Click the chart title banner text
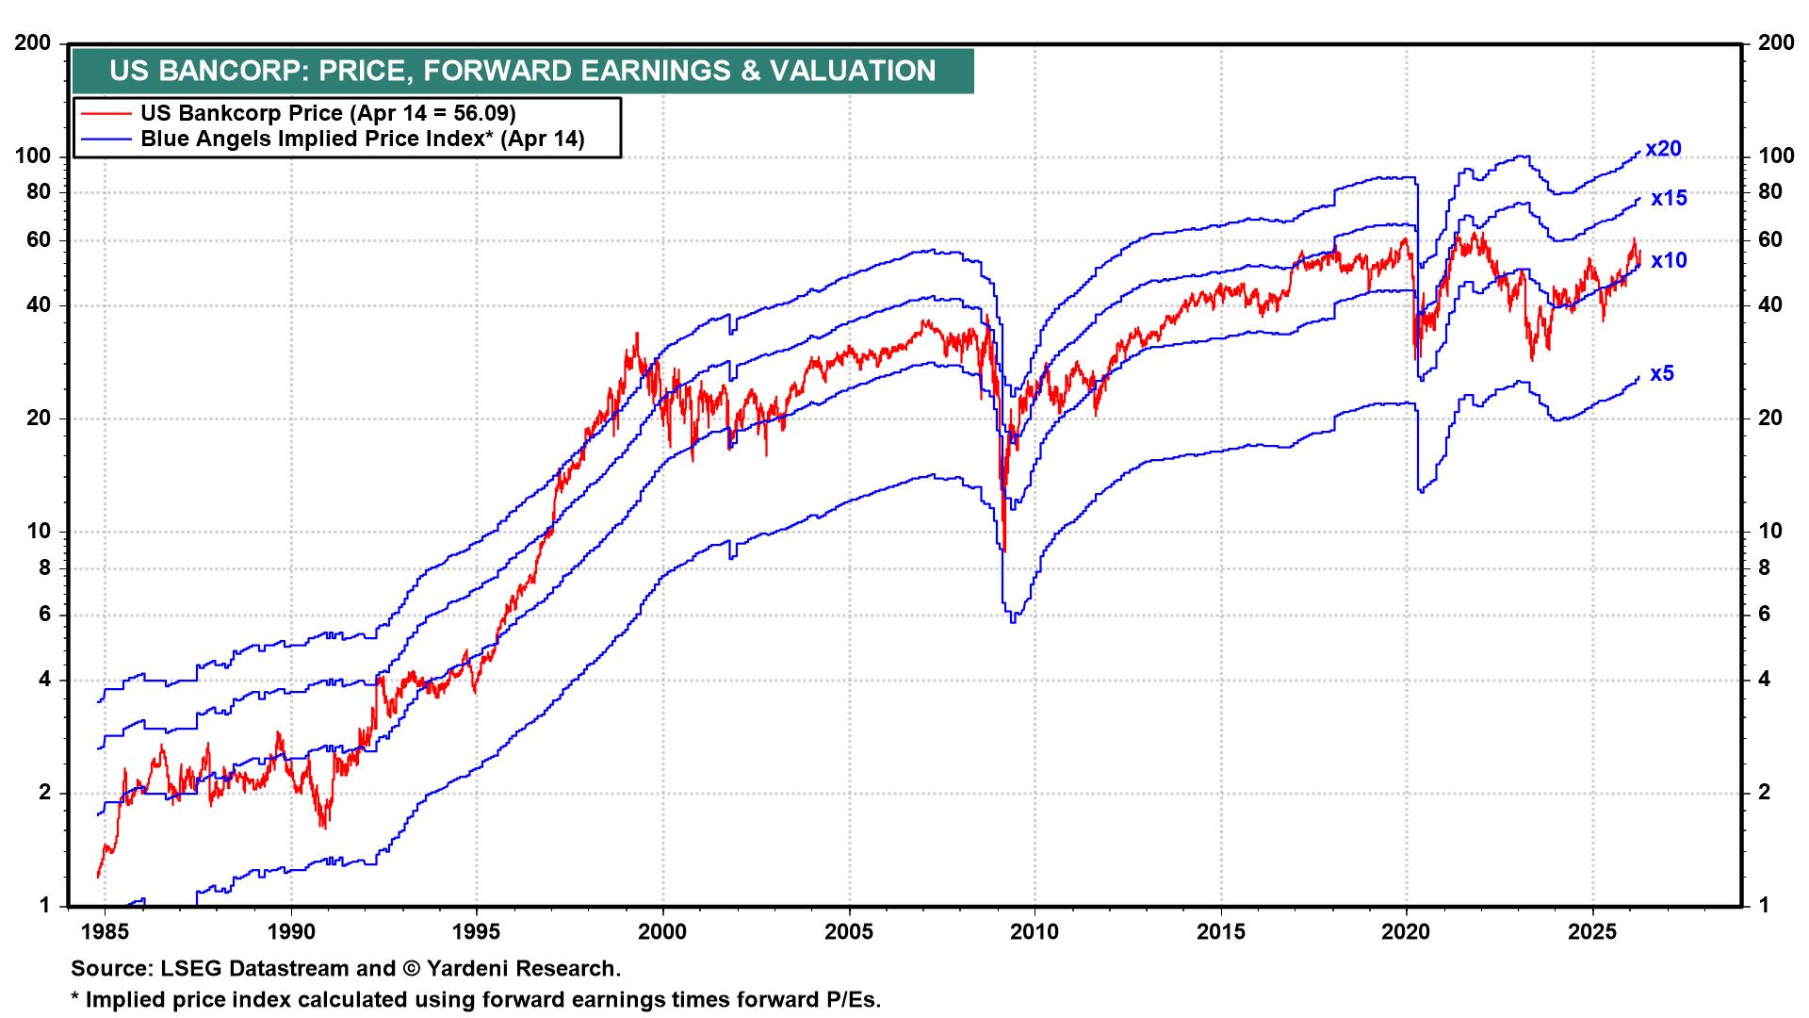pyautogui.click(x=522, y=71)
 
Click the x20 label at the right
pyautogui.click(x=1663, y=149)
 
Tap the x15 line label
pyautogui.click(x=1669, y=198)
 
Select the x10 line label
pyautogui.click(x=1669, y=260)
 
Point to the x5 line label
pyautogui.click(x=1662, y=373)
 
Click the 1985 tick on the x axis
pyautogui.click(x=105, y=932)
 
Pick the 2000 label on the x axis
pyautogui.click(x=663, y=932)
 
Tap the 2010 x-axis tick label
pyautogui.click(x=1035, y=932)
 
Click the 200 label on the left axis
pyautogui.click(x=34, y=43)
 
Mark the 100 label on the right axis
pyautogui.click(x=1777, y=156)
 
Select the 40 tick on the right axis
pyautogui.click(x=1771, y=305)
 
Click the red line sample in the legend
pyautogui.click(x=106, y=113)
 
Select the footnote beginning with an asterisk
pyautogui.click(x=476, y=999)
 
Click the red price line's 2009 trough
pyautogui.click(x=1004, y=550)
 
